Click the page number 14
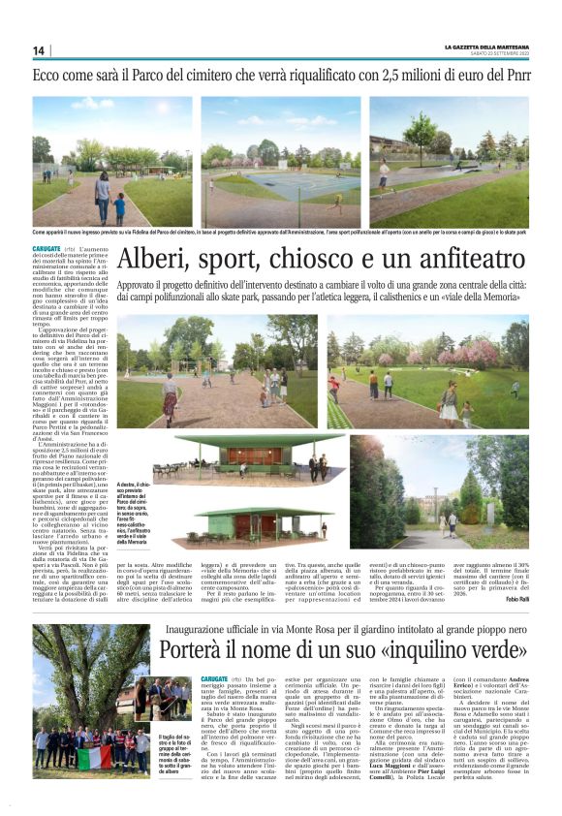point(39,50)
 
